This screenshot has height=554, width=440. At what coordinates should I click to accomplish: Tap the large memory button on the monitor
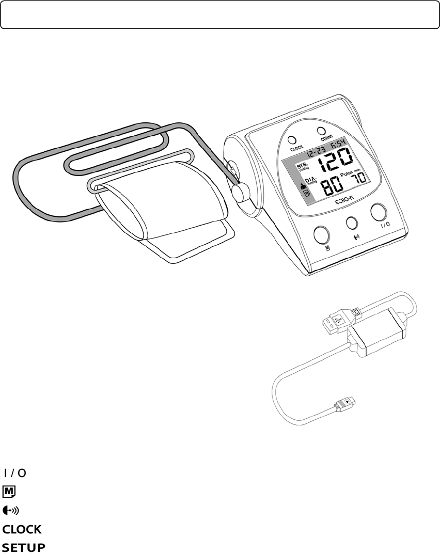[x=322, y=234]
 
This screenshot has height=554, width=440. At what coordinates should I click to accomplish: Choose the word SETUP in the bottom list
[x=24, y=547]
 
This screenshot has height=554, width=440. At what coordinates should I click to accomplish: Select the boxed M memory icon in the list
[x=9, y=490]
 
